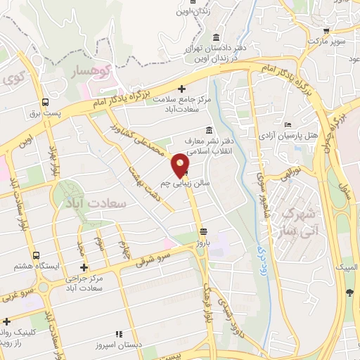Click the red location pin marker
pos(181,165)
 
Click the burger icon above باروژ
pos(203,231)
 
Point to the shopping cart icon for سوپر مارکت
pos(326,31)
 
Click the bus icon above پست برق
pos(46,101)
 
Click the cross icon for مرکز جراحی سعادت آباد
pos(84,268)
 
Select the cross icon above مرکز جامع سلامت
pos(181,89)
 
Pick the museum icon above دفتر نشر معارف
pos(208,130)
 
